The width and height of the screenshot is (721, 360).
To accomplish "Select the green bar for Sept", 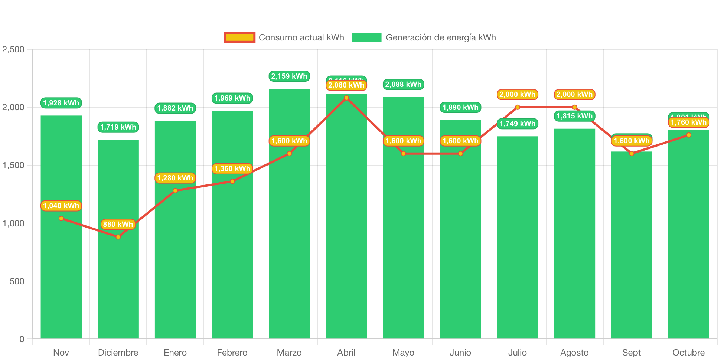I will (x=632, y=260).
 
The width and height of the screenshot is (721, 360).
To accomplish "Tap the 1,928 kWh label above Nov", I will (x=61, y=103).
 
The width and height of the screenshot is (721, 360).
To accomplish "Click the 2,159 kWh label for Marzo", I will (x=289, y=76).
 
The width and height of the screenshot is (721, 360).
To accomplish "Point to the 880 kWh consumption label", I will (x=118, y=224).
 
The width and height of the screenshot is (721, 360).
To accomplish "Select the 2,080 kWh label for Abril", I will (x=346, y=85).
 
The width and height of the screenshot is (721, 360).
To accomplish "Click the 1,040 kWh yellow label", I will (x=61, y=206).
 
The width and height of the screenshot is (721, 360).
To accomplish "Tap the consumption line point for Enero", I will (x=175, y=191).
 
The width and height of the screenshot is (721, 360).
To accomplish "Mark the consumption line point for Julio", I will (x=518, y=107).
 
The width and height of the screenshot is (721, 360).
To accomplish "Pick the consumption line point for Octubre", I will (x=689, y=135).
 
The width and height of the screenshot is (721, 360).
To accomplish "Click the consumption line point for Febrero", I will (x=232, y=181).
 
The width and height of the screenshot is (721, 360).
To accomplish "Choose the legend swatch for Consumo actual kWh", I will (x=239, y=37).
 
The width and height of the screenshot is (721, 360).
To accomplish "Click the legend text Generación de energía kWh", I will (x=441, y=37).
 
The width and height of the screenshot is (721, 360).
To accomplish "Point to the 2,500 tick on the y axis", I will (x=13, y=49).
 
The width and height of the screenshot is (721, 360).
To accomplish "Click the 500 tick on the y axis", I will (x=17, y=281).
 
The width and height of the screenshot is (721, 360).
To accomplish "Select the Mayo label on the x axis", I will (x=403, y=352).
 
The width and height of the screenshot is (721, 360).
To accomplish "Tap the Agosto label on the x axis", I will (x=574, y=352).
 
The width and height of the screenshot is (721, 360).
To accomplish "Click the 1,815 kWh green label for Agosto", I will (x=574, y=116).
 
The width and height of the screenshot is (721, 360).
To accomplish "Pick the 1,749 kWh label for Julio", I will (x=518, y=124).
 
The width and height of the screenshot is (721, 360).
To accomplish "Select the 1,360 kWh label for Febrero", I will (x=232, y=168).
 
